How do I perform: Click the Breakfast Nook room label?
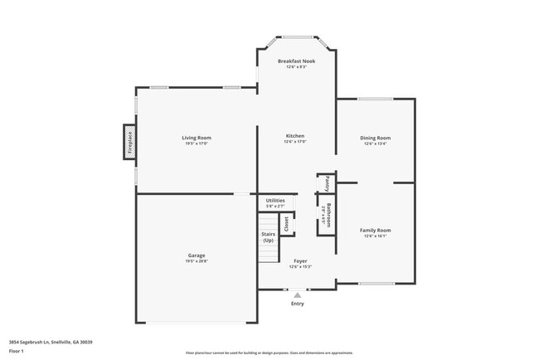295,61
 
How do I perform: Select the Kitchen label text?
295,136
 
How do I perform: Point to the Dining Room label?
375,137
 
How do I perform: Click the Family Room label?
375,230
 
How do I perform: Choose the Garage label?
197,255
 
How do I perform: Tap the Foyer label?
300,260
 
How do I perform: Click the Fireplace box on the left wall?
129,141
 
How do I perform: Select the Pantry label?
328,182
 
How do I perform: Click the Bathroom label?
328,216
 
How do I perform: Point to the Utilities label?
275,200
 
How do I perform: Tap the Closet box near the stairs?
287,224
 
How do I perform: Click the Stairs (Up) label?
268,237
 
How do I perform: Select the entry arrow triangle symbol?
297,294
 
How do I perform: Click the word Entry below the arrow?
297,304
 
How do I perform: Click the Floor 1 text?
17,351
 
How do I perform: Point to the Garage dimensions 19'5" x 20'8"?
197,260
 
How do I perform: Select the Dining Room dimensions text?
375,144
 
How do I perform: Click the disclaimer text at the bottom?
269,353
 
